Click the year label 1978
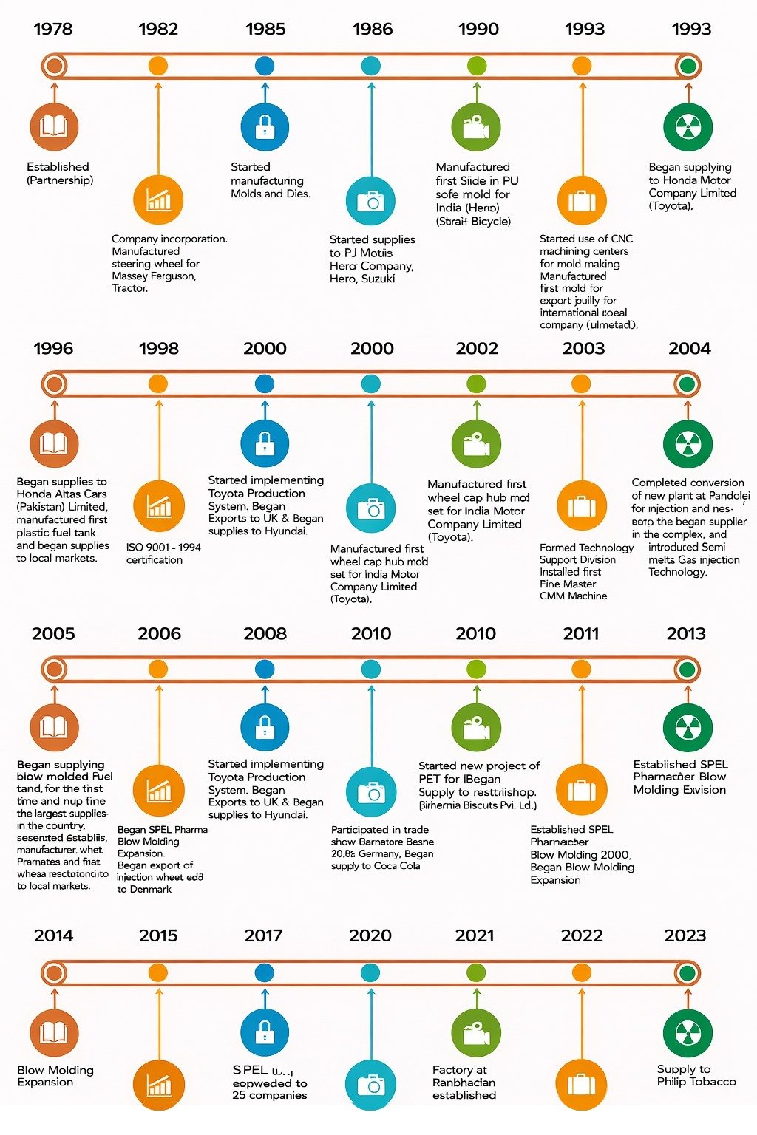53,29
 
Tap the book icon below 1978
54,127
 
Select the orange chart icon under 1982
158,200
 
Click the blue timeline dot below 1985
265,66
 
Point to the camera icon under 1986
371,201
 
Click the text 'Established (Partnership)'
59,174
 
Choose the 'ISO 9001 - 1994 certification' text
163,553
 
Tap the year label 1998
159,348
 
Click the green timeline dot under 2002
477,384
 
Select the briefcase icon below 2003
582,506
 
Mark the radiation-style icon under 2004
688,444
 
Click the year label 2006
159,633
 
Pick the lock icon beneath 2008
265,727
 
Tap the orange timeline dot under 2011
581,669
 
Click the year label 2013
686,633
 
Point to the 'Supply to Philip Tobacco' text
696,1075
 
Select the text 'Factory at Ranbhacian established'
464,1083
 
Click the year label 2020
370,935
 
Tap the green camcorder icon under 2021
476,1033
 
